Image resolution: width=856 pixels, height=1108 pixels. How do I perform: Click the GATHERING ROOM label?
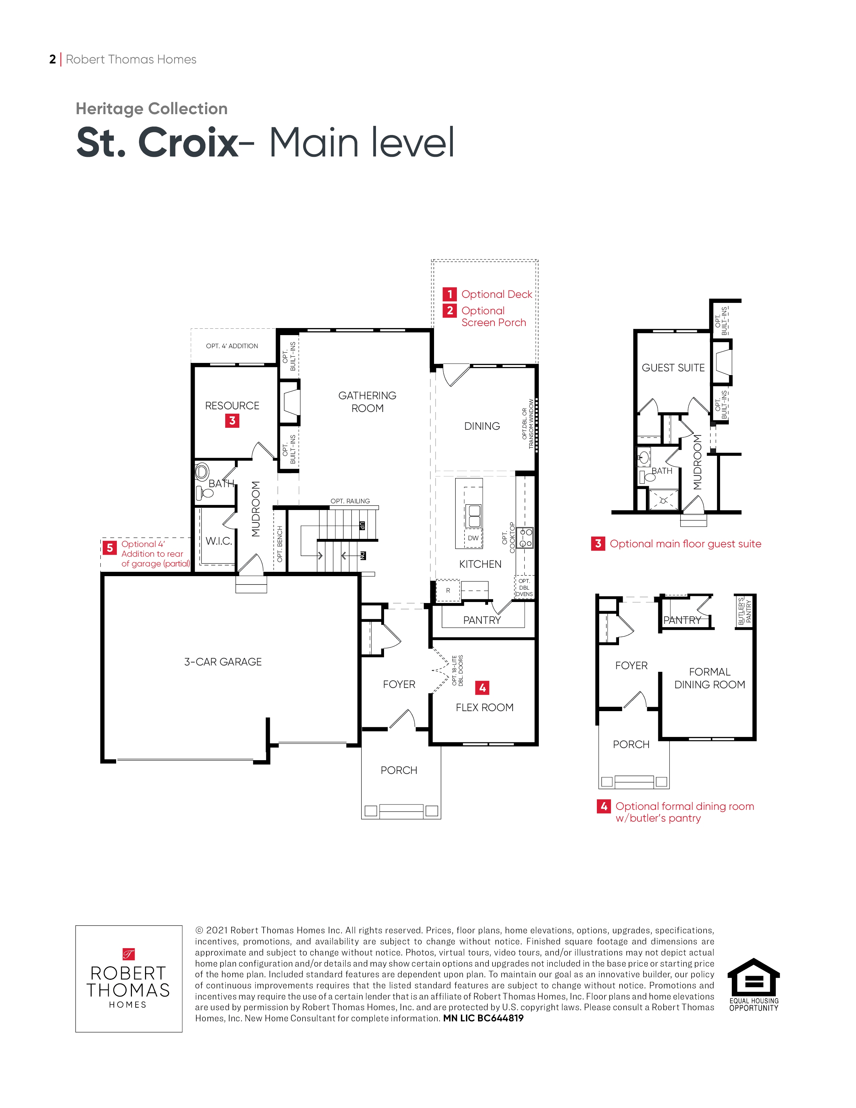(x=367, y=402)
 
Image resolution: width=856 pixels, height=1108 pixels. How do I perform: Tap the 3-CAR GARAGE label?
(x=223, y=661)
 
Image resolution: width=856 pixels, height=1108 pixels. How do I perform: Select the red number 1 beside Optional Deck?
(x=449, y=294)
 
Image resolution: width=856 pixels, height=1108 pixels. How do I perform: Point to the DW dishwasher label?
(x=473, y=538)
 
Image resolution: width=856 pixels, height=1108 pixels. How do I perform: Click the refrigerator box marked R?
(x=448, y=591)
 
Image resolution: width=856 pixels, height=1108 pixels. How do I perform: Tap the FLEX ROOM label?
(x=484, y=707)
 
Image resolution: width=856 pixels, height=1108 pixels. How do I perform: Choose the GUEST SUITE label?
(x=673, y=368)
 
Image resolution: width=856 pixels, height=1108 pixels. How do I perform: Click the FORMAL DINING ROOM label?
(x=709, y=678)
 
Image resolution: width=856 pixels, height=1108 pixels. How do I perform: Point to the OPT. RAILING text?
(x=350, y=501)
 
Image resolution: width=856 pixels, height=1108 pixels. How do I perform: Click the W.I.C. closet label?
(x=219, y=541)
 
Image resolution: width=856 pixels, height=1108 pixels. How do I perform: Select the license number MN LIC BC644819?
(x=483, y=1018)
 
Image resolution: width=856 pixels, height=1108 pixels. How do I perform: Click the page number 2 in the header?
(x=53, y=59)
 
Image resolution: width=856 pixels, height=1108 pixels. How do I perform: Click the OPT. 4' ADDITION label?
(x=232, y=346)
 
